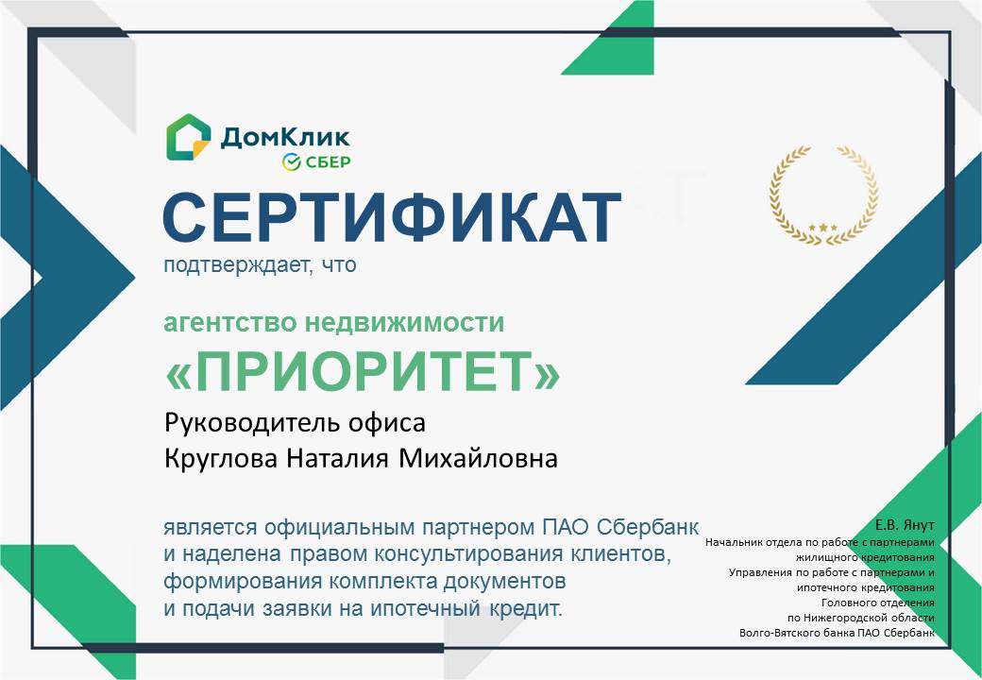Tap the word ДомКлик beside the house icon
coord(285,137)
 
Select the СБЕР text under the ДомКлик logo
coord(329,162)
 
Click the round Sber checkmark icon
coord(292,162)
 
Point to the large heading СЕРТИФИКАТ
coord(392,216)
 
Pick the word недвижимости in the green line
coord(404,322)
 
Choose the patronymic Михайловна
coord(478,459)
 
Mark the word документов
coord(505,582)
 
